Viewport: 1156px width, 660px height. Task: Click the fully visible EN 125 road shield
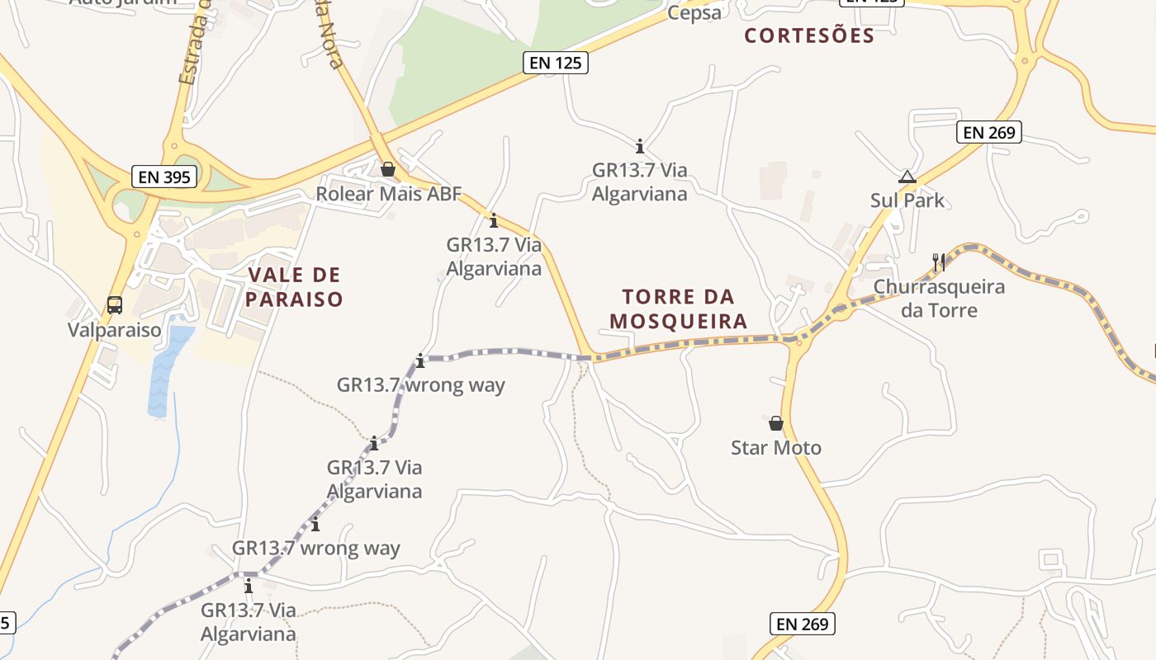coord(556,62)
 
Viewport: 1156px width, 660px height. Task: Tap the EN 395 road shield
coord(164,176)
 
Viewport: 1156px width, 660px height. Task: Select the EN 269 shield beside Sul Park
coord(989,132)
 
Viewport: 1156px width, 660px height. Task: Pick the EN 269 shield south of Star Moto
coord(803,624)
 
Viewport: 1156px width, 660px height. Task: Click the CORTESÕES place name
coord(808,35)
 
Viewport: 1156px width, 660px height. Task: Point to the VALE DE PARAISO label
coord(293,287)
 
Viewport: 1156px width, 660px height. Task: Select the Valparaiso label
coord(115,331)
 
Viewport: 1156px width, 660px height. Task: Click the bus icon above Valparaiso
coord(115,305)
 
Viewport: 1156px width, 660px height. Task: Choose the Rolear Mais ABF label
coord(389,194)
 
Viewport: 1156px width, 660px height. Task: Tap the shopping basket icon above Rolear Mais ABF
coord(388,169)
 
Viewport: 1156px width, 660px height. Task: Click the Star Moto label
coord(776,448)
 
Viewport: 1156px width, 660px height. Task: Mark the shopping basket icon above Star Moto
coord(776,423)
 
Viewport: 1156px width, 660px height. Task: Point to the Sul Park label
coord(907,200)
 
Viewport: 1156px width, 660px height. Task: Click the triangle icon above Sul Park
coord(907,177)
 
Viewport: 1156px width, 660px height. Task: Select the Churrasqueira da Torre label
coord(939,299)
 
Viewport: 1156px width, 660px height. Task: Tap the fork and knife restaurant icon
coord(938,262)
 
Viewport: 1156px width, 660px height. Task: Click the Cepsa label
coord(694,12)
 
